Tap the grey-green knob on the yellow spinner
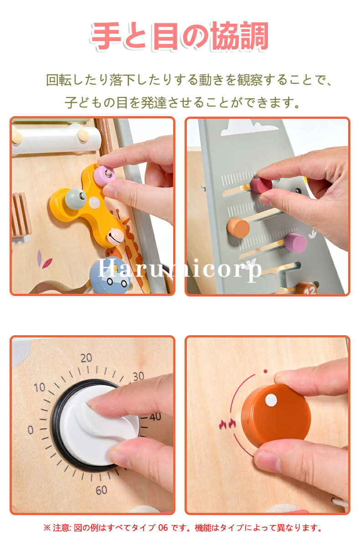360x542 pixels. (x=75, y=199)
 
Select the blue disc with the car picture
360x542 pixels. (x=110, y=275)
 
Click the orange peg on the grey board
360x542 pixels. (x=238, y=227)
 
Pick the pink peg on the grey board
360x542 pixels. (x=295, y=243)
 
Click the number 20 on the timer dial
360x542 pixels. (x=86, y=358)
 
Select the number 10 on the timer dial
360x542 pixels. (x=40, y=387)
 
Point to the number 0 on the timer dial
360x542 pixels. (x=31, y=430)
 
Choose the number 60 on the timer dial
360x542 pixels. (x=101, y=490)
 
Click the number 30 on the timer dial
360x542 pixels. (x=139, y=376)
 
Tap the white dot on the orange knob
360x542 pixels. (x=271, y=400)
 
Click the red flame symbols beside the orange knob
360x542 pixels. (x=227, y=424)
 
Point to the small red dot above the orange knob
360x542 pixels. (x=265, y=372)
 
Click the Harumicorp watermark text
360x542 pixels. (x=180, y=268)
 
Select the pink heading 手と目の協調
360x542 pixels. (x=180, y=36)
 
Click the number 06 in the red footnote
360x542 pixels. (x=163, y=528)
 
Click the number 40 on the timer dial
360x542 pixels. (x=155, y=417)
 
